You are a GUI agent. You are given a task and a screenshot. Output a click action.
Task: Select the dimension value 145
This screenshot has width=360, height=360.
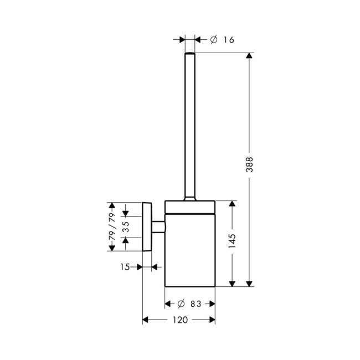click(232, 243)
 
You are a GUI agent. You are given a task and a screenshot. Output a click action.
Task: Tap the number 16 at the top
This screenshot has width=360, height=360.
click(229, 40)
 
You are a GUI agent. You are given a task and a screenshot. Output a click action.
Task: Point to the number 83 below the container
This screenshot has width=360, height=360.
click(194, 304)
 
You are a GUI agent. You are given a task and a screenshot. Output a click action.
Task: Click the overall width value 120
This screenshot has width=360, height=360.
click(179, 320)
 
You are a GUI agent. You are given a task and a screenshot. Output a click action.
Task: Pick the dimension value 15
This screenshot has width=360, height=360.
click(125, 268)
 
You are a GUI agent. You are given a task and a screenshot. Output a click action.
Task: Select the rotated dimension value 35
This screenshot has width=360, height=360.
click(126, 227)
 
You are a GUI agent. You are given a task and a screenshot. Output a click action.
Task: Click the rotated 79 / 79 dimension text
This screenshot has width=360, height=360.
click(111, 227)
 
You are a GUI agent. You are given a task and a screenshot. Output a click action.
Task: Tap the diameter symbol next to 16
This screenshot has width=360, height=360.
click(214, 40)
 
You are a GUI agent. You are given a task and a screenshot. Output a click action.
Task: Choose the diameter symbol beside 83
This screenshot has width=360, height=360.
click(179, 304)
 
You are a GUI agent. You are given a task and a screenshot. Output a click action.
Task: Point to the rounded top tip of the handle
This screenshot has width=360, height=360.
click(190, 54)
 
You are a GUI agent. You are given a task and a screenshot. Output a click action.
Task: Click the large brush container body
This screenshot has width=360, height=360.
click(190, 249)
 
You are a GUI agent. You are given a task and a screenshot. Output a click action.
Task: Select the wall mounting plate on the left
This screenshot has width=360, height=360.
click(147, 227)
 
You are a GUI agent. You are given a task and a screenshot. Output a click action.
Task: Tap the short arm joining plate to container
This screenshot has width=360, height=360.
click(158, 227)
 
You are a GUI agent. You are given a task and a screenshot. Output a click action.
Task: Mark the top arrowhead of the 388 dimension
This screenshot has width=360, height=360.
click(250, 56)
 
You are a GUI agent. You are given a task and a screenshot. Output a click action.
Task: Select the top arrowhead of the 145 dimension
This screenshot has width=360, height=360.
click(232, 204)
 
